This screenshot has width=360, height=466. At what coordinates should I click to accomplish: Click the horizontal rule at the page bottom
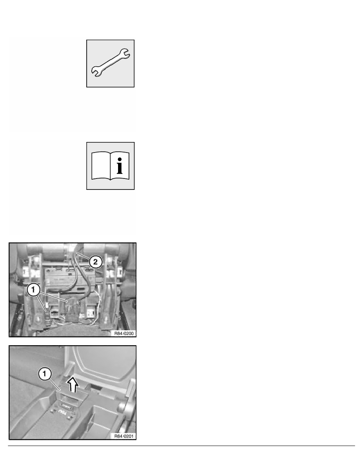coord(180,445)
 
